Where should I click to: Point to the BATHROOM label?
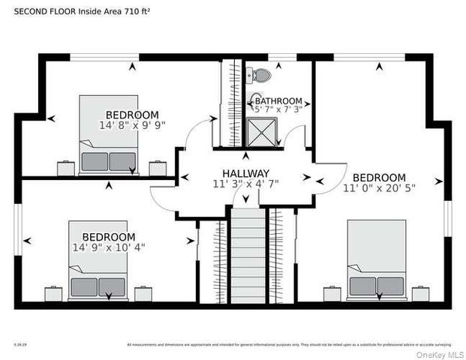[x=278, y=101]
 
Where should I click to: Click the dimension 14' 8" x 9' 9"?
[x=132, y=125]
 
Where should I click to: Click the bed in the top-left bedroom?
[x=109, y=135]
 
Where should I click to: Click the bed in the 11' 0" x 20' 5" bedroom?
[x=377, y=260]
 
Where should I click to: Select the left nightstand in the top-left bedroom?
[x=66, y=168]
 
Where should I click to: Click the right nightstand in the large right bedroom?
[x=420, y=293]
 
